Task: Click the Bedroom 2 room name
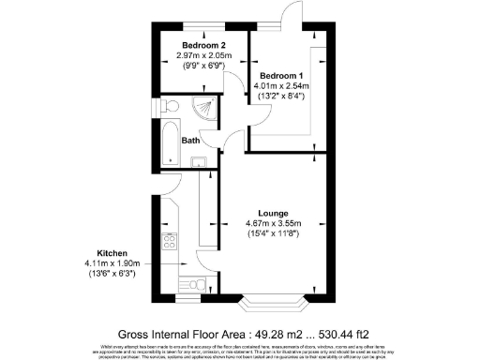(203, 45)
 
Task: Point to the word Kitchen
(112, 253)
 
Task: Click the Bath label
(190, 141)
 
